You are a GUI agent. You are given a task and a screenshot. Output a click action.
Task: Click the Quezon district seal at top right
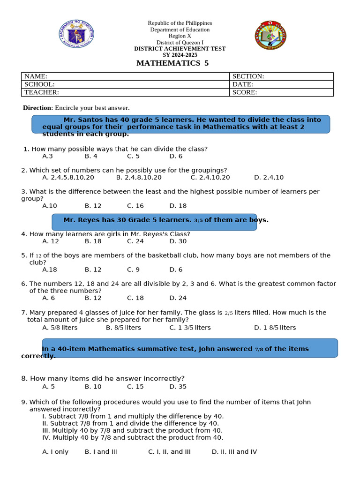tap(270, 35)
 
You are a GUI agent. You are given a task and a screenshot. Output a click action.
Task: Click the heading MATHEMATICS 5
tap(172, 63)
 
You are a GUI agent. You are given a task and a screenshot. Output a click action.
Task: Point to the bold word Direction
tap(37, 108)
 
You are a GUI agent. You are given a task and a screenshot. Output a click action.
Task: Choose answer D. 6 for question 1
tap(176, 156)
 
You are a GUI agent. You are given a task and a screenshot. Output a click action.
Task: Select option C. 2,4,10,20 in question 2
tap(210, 178)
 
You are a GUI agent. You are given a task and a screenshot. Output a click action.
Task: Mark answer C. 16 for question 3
tap(135, 206)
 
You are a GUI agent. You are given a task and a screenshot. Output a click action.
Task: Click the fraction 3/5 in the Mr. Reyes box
tap(198, 220)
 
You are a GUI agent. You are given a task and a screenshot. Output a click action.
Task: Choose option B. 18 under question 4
tap(93, 241)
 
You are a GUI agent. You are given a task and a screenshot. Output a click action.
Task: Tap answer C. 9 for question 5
tap(133, 270)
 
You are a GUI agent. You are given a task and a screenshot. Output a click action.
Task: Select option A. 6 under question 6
tap(48, 298)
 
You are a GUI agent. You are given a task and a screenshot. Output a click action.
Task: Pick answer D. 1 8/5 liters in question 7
tap(275, 328)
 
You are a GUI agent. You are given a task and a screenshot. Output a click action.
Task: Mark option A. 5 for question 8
tap(48, 387)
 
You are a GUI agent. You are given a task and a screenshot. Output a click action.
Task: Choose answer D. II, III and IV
tap(234, 452)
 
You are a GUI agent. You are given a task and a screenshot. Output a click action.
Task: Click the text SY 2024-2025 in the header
tap(180, 55)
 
